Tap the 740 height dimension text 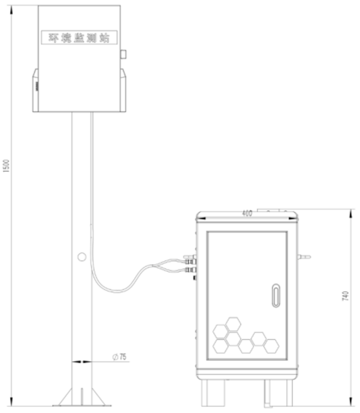coord(345,297)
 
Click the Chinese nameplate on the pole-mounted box coord(79,37)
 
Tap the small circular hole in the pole coord(81,257)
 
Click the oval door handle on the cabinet coord(276,296)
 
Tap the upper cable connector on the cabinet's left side coord(189,259)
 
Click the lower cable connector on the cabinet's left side coord(189,270)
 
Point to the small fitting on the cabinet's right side coord(304,257)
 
